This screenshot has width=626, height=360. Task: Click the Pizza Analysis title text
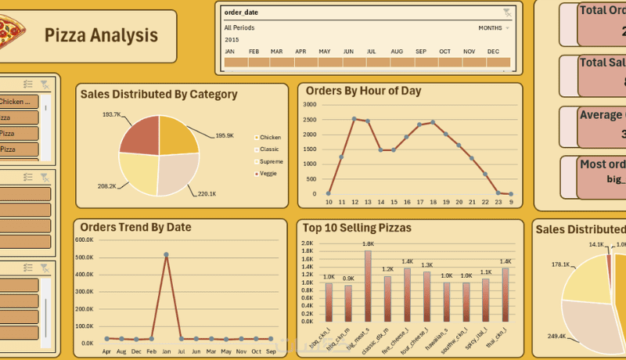coord(100,35)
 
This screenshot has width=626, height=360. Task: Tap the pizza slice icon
coord(12,34)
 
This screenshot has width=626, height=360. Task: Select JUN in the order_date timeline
coord(348,62)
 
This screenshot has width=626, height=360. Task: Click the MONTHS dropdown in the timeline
coord(493,28)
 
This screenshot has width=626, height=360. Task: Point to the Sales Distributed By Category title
coord(159,95)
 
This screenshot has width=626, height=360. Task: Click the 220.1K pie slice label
coord(207,193)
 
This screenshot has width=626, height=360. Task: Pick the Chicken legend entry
coord(270,137)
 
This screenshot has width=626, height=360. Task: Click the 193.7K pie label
coord(111,114)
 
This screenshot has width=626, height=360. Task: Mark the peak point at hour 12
coord(354,119)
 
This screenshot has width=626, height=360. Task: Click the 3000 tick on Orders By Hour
coord(311,103)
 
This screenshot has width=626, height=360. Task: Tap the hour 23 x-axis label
coord(498,203)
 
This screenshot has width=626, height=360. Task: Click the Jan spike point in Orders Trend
coord(166,255)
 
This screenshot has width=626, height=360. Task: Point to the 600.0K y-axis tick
coord(85,239)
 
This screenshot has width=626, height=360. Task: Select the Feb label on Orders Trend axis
coord(151,352)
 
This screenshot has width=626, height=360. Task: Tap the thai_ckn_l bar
coord(505,296)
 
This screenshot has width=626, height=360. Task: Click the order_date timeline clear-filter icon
coord(507,13)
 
